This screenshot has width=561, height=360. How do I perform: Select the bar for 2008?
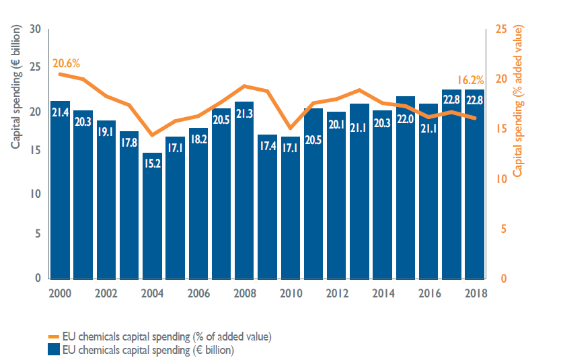click(244, 195)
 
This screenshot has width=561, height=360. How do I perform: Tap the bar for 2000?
click(60, 195)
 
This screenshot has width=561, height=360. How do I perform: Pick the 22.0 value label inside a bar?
click(406, 118)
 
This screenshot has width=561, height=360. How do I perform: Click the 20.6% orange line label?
click(67, 64)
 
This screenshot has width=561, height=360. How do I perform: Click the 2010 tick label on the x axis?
click(291, 293)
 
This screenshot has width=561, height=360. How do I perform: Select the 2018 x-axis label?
click(474, 293)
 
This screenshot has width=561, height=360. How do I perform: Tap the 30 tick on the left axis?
click(36, 30)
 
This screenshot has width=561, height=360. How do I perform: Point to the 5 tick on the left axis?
click(38, 234)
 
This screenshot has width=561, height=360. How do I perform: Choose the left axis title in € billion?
click(15, 87)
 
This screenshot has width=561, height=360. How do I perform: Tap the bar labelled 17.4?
click(267, 209)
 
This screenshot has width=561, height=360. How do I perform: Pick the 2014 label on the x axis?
click(382, 293)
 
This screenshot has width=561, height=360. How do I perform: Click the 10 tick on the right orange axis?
click(500, 179)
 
